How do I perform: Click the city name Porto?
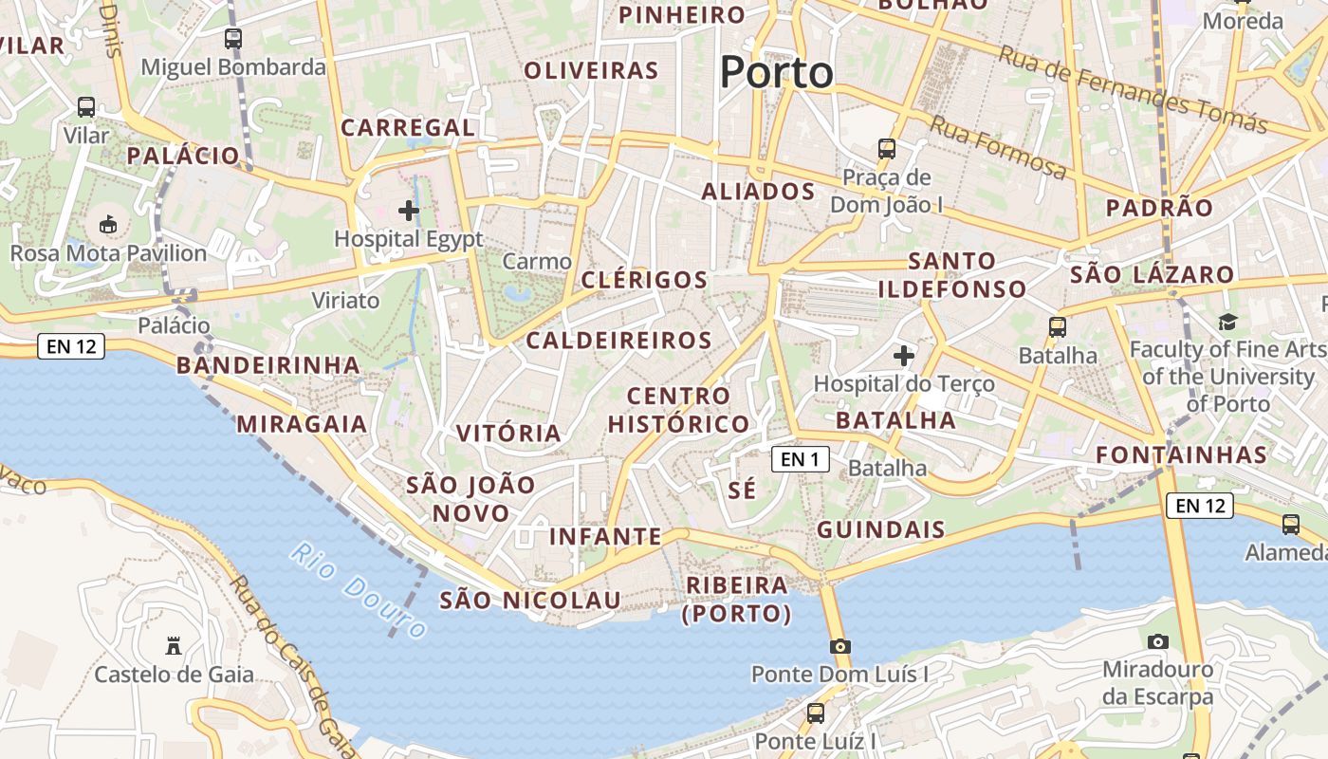point(776,72)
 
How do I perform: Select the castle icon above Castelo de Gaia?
point(174,646)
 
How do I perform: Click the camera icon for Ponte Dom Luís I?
point(839,646)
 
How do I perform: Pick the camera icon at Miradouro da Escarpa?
point(1157,641)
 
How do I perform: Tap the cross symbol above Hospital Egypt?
point(409,210)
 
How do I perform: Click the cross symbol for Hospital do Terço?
point(904,356)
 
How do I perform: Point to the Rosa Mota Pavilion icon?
point(108,225)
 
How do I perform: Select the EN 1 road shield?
point(800,460)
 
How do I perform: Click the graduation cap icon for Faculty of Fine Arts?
point(1228,322)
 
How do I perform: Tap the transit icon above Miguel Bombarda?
point(232,39)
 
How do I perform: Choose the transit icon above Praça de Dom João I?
point(887,149)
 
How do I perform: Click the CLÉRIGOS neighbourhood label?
point(644,280)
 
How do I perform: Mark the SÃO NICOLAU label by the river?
point(530,601)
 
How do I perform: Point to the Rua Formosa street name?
point(997,147)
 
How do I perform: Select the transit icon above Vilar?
point(86,107)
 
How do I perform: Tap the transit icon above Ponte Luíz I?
point(815,713)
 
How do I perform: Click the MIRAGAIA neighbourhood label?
point(302,424)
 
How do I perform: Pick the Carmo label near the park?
point(537,261)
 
